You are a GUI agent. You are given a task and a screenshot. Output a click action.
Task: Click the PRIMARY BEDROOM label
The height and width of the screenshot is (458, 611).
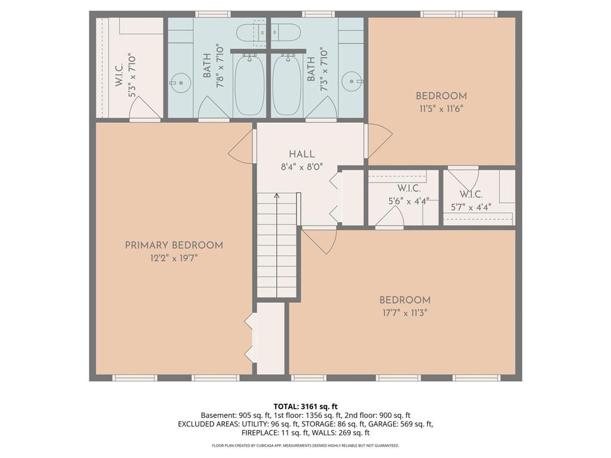pos(174,245)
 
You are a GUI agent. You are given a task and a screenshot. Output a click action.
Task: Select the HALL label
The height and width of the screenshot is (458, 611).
pos(301,154)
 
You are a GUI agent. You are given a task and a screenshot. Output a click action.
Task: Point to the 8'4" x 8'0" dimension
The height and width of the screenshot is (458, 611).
pos(301,168)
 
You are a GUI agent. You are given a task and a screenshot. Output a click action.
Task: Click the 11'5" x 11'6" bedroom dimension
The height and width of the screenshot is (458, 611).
pos(441,109)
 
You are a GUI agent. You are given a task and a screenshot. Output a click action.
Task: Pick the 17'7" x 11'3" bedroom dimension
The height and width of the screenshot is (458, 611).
pos(405,313)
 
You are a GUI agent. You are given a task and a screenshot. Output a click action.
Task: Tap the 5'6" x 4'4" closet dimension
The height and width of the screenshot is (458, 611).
pos(409,202)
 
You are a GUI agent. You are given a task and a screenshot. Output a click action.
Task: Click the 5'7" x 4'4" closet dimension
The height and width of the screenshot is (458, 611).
pos(471,207)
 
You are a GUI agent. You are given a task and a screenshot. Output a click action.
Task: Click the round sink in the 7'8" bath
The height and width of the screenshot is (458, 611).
pos(180,82)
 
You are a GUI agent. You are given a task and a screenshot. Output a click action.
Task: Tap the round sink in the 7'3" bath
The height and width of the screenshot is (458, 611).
pos(351,82)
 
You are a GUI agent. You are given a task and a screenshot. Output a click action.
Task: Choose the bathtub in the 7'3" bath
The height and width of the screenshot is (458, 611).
pos(287,85)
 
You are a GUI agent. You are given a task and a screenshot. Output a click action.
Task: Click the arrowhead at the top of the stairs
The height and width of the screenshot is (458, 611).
pos(277,195)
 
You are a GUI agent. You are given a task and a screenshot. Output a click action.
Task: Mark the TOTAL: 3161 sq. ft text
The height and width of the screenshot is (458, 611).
pos(305,407)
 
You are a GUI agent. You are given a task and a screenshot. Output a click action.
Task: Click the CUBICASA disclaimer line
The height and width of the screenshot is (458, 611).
pos(305,445)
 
